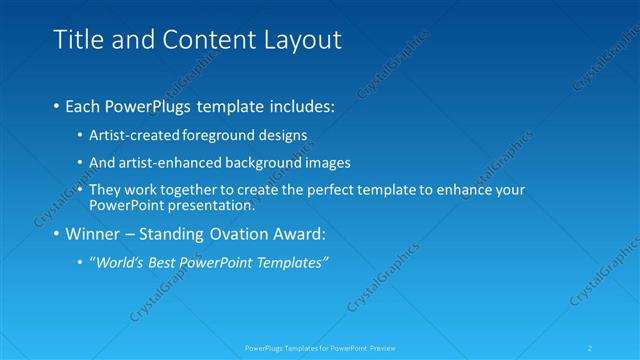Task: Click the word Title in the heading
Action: point(75,40)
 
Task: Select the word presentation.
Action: point(214,205)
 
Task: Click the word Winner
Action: point(95,235)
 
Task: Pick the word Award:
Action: point(302,235)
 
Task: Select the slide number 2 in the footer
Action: point(590,348)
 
